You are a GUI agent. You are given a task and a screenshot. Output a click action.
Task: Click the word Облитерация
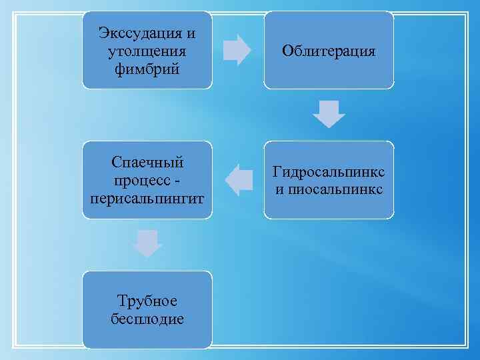click(329, 51)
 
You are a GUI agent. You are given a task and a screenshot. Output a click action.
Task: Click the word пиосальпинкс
click(335, 189)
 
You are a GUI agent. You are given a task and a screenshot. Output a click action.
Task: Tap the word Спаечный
click(147, 163)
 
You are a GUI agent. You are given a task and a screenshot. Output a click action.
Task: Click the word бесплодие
click(147, 319)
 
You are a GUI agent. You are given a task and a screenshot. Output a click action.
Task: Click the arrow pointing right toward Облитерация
click(237, 49)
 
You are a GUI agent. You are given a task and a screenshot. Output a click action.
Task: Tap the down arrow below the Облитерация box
click(329, 113)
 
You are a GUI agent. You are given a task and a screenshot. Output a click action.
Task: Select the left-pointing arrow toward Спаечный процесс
click(239, 180)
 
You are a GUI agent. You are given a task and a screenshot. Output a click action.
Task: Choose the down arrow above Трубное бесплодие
click(147, 243)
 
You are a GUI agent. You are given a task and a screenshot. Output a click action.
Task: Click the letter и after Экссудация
click(191, 33)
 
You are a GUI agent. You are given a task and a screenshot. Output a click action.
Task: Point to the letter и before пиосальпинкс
click(279, 190)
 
